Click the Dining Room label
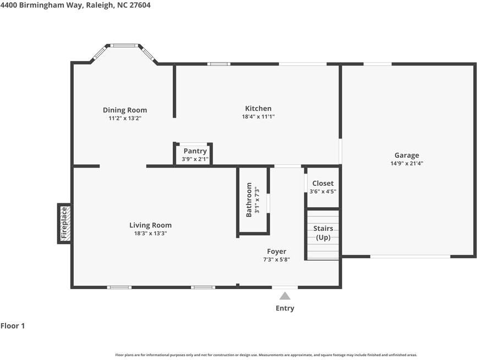125,110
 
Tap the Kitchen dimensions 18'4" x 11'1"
258,117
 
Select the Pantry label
195,151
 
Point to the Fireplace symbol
64,223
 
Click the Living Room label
150,225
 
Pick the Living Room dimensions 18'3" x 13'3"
151,234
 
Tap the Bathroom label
249,200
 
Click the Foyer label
277,252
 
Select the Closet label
323,183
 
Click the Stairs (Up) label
323,232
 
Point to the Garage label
407,155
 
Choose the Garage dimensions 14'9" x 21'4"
407,163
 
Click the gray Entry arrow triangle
285,296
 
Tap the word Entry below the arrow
285,308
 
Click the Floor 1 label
13,326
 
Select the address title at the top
75,5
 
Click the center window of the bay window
124,46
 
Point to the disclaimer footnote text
266,355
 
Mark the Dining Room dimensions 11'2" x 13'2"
125,118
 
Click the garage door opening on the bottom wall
410,257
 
